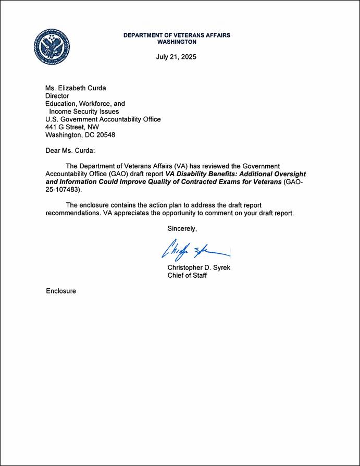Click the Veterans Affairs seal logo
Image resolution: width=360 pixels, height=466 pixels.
(x=52, y=47)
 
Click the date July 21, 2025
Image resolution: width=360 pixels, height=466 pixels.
(x=177, y=56)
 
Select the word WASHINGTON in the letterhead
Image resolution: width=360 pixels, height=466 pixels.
(x=177, y=42)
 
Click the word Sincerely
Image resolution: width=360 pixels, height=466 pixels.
(x=182, y=228)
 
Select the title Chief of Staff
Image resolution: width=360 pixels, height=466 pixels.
(x=187, y=275)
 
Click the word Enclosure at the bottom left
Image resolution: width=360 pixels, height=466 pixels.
(x=61, y=291)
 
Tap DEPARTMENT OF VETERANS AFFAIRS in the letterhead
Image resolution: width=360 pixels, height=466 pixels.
(x=177, y=35)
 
